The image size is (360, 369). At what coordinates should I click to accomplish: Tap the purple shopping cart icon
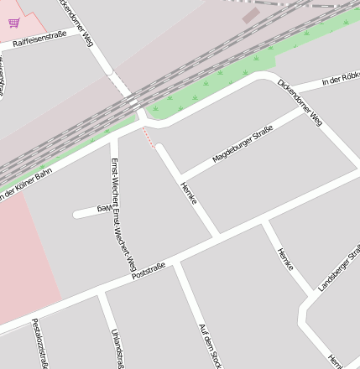pyautogui.click(x=13, y=23)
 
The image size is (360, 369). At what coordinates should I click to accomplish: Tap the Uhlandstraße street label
pyautogui.click(x=118, y=347)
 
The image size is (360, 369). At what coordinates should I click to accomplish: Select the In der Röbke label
pyautogui.click(x=341, y=81)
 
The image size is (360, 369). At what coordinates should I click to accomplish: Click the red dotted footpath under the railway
pyautogui.click(x=148, y=137)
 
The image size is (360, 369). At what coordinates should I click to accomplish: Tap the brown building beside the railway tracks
pyautogui.click(x=251, y=15)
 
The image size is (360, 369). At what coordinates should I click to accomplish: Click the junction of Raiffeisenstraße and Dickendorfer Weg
pyautogui.click(x=87, y=31)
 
